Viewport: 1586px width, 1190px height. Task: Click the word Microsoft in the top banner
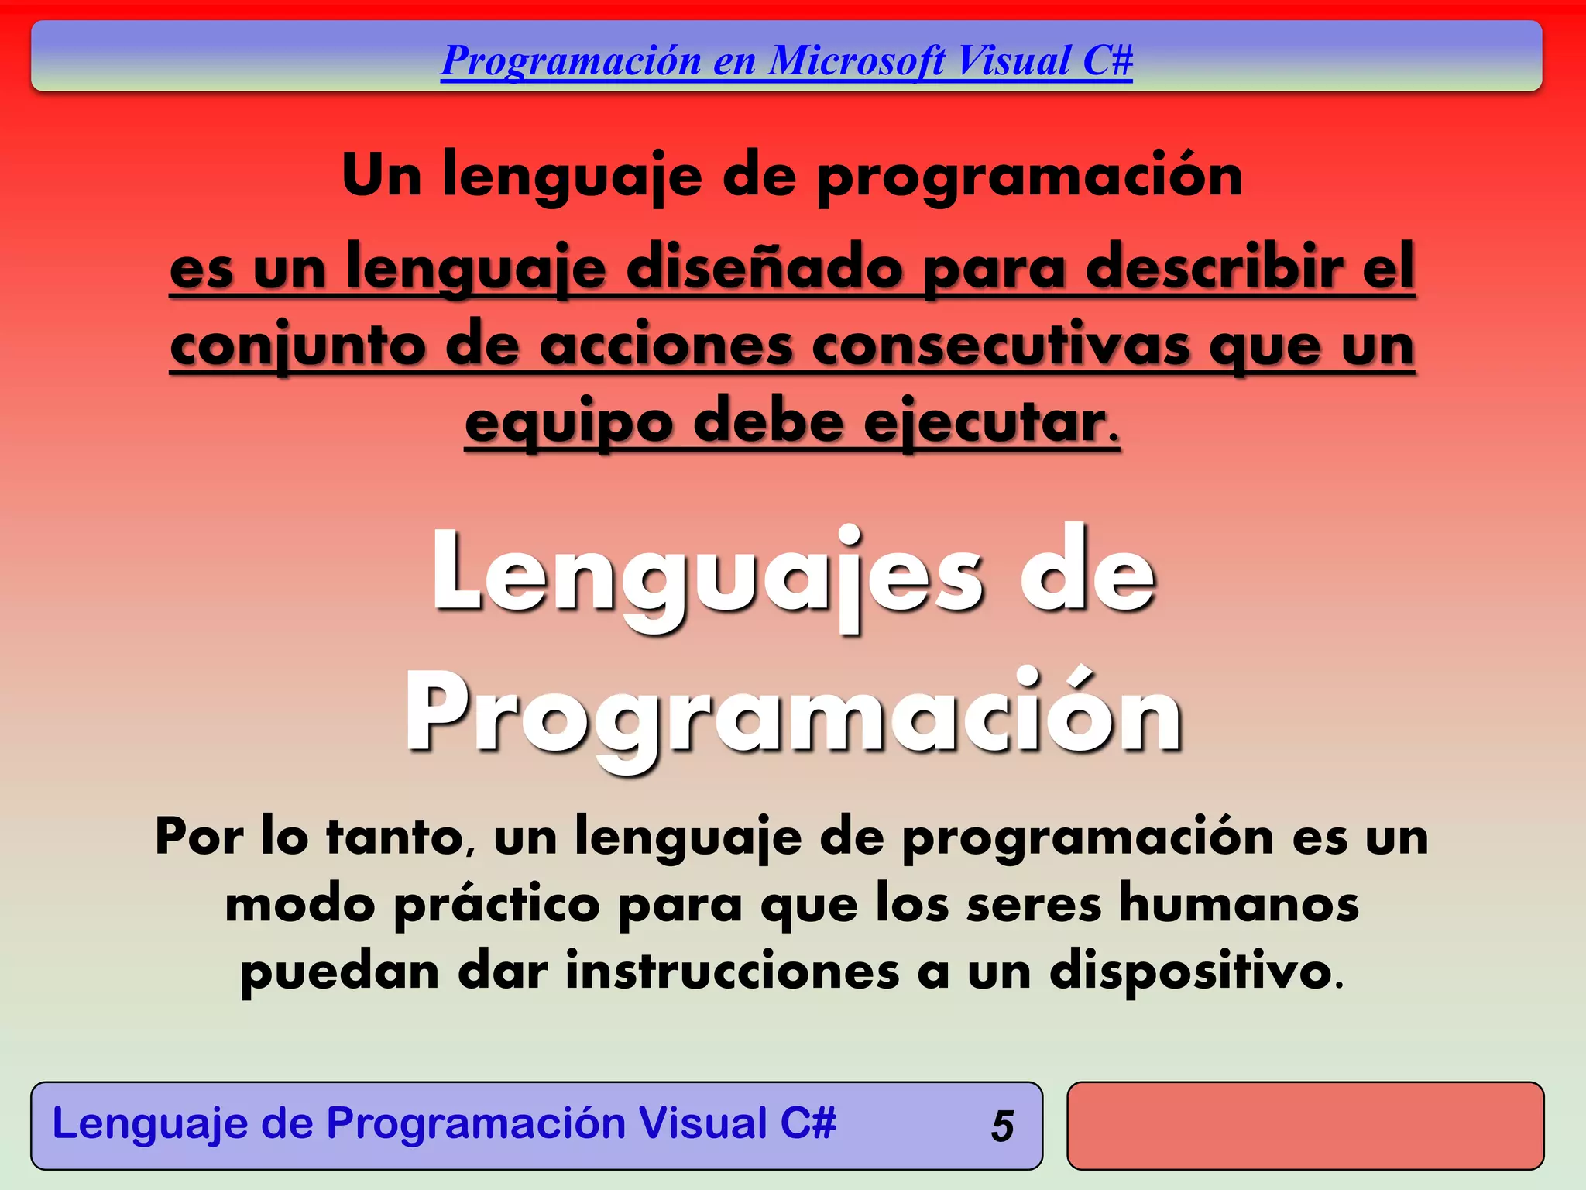(x=857, y=60)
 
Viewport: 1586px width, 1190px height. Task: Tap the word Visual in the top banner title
(x=1014, y=60)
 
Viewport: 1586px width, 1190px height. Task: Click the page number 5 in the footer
(x=1002, y=1126)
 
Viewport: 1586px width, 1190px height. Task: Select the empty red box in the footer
(x=1305, y=1126)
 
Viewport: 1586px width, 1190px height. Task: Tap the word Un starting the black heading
(x=381, y=175)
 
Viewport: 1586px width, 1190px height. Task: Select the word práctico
(x=496, y=904)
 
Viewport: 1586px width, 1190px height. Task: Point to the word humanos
(x=1239, y=903)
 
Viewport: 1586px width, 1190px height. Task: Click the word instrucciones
(x=732, y=971)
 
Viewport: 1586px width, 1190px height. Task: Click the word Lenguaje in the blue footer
(x=149, y=1123)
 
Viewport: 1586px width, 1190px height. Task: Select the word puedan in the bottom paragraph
(x=340, y=972)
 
